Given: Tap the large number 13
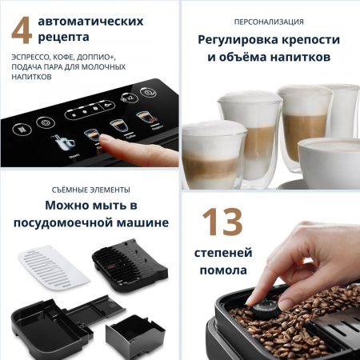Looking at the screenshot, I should [222, 223].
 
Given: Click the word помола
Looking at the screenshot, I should [224, 270].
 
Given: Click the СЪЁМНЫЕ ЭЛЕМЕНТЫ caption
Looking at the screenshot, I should [89, 189].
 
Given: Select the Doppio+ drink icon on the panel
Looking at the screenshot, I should [144, 119].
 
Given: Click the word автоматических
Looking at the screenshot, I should [92, 19].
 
